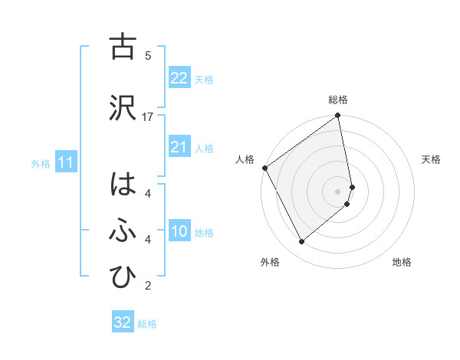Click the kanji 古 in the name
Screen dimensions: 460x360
click(x=123, y=47)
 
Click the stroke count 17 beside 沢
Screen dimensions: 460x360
click(x=148, y=117)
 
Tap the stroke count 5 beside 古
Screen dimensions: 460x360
click(x=148, y=56)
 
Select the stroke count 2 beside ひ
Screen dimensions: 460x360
click(x=148, y=286)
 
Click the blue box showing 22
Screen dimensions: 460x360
click(x=179, y=78)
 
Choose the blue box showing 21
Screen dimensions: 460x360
click(x=179, y=147)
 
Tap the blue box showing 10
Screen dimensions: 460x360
click(x=179, y=231)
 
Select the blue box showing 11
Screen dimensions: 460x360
click(x=65, y=162)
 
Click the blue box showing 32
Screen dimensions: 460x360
click(x=123, y=322)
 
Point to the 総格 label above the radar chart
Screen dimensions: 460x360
click(x=338, y=100)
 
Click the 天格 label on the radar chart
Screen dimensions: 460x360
click(x=431, y=159)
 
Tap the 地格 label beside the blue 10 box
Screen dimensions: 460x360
click(x=204, y=232)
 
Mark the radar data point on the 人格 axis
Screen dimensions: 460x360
click(x=265, y=168)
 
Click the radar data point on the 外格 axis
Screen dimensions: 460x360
click(x=301, y=242)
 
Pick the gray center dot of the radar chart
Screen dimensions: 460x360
click(x=338, y=191)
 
